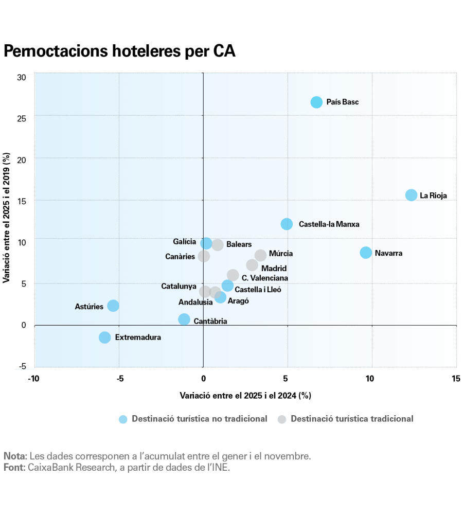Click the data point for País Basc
(316, 102)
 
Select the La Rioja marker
(411, 195)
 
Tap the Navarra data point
(366, 253)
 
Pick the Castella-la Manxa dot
(287, 224)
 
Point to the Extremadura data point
(105, 338)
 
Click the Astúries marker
(113, 306)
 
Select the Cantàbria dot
(184, 319)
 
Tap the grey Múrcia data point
(261, 255)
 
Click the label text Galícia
(185, 241)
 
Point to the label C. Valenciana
(265, 278)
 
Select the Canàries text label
(180, 256)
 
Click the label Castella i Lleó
(258, 290)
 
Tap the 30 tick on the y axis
(21, 77)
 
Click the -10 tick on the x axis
(34, 379)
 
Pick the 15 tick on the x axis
(456, 379)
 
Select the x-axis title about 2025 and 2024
(245, 396)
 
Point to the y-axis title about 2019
(7, 218)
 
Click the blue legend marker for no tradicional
(123, 419)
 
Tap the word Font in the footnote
(12, 467)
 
